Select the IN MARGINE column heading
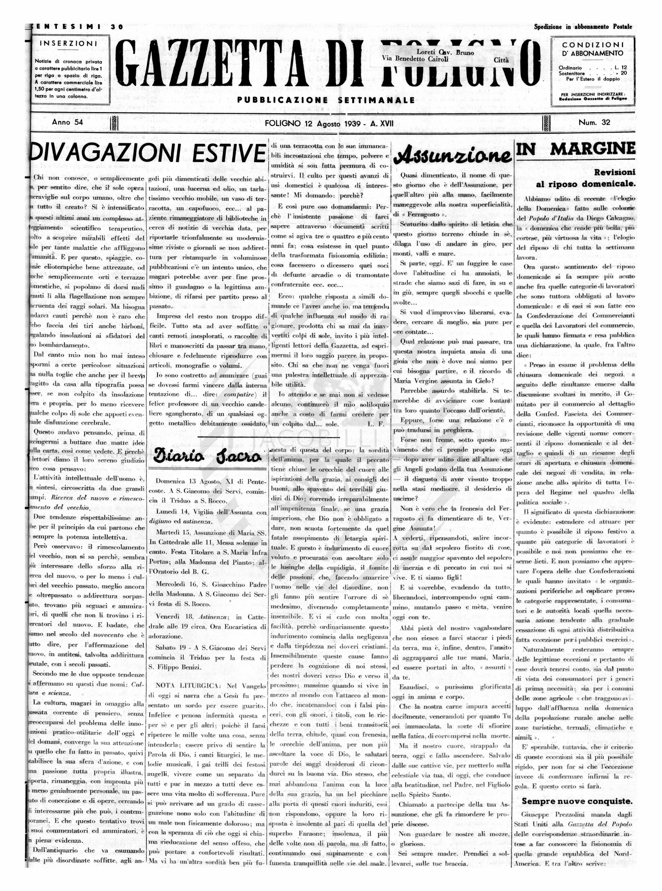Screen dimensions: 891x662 click(576, 149)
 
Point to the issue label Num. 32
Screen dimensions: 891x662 click(594, 123)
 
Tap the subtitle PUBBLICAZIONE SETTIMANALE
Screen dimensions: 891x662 click(326, 100)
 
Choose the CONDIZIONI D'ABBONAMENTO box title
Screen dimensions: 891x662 click(593, 49)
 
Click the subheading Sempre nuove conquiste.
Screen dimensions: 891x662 click(577, 790)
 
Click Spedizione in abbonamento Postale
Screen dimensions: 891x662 click(583, 27)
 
